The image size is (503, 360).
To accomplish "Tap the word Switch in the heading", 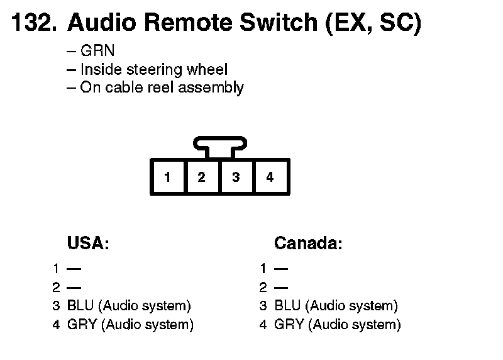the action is pos(279,22).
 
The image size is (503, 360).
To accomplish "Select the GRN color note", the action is pos(97,50).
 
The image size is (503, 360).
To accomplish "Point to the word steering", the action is pos(154,70).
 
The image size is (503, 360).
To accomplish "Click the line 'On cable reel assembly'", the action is pos(162,87).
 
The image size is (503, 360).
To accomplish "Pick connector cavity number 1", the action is pos(168,177).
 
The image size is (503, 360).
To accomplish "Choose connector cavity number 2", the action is pos(202,177).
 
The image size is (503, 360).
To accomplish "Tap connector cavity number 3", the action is pos(236,177).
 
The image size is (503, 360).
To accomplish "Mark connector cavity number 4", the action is pos(270,177).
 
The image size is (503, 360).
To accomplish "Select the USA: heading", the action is pos(88,243).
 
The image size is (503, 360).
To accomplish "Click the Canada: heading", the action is pos(308,243).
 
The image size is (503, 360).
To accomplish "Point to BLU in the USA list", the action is pos(80,305).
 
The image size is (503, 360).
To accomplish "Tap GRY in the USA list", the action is pos(82,324).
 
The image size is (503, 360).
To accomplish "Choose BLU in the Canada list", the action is pos(287,305).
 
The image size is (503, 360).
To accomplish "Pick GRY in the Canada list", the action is pos(289,324).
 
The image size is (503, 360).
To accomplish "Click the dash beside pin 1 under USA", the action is pos(74,269).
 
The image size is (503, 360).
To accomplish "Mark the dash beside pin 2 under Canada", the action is pos(281,288).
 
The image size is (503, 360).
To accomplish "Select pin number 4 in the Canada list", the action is pos(263,325).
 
